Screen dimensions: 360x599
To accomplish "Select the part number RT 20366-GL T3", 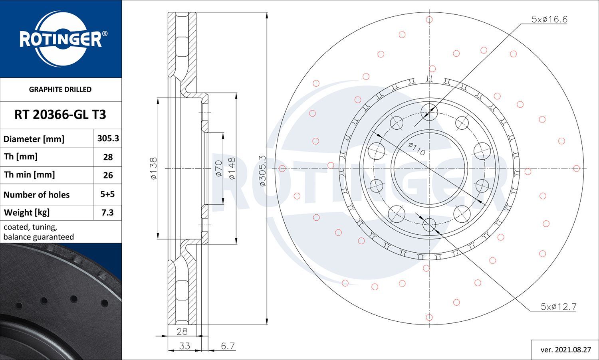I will coord(60,115).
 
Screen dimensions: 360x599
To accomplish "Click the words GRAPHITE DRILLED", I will coord(60,89).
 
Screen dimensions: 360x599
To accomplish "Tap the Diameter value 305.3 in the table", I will coord(108,138).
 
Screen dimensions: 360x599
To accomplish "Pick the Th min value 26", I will coord(108,175).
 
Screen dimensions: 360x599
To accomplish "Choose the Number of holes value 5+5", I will coord(107,194).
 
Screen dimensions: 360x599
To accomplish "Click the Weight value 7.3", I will coord(107,213).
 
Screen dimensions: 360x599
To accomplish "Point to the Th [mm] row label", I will coord(21,156).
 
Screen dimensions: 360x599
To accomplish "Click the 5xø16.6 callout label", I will coord(549,19).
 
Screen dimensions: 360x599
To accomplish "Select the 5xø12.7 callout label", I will coord(558,307).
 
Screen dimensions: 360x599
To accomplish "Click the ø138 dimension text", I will coord(154,168).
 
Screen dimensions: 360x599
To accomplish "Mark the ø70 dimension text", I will coord(218,168).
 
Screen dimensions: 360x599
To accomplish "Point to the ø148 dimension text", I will coord(231,168).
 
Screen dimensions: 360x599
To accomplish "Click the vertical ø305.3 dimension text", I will coord(262,171).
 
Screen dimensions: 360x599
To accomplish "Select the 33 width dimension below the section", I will coord(184,346).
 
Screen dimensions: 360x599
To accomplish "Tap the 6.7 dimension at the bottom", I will coord(228,346).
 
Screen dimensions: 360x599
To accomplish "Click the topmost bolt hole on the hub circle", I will coord(429,110).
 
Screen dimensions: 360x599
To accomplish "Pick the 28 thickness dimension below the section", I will coord(182,331).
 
